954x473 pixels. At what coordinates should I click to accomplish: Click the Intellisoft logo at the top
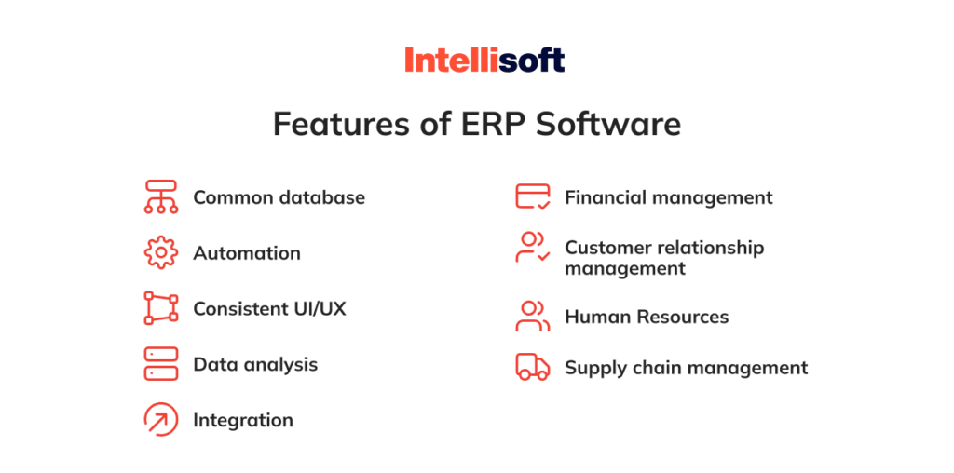tap(484, 61)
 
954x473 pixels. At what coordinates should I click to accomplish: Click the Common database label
tap(279, 197)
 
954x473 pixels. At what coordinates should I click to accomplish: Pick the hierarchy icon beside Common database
tap(160, 197)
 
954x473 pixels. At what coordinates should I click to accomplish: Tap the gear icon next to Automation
tap(160, 252)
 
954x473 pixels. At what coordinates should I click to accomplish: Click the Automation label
tap(247, 253)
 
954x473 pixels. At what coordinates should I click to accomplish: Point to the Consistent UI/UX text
tap(269, 308)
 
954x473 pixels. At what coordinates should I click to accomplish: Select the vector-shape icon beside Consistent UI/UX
tap(160, 308)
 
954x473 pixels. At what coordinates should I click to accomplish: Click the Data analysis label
tap(255, 364)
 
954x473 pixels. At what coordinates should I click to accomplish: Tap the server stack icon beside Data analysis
tap(160, 364)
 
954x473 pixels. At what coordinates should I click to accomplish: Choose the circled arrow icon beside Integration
tap(160, 420)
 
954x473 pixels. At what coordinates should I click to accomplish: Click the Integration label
tap(243, 420)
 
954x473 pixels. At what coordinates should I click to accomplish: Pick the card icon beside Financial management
tap(533, 197)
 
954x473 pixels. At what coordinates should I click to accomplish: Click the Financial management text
tap(668, 197)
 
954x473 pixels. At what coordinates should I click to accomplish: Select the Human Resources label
tap(647, 317)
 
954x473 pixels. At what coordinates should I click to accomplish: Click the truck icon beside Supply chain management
tap(533, 367)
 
